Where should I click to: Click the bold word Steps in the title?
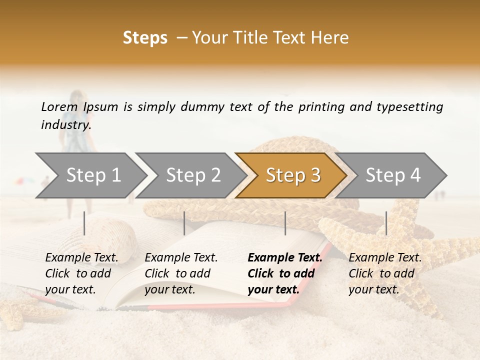145,37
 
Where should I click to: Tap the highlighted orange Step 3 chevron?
293,175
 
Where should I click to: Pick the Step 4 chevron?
393,175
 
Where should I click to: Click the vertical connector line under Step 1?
84,223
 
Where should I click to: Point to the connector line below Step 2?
184,223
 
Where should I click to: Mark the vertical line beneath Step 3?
285,223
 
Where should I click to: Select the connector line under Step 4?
386,223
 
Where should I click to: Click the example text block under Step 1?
81,273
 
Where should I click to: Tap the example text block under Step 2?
181,273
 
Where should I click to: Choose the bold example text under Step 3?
284,273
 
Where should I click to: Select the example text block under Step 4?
385,273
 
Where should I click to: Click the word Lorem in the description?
59,106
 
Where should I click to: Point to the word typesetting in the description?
409,107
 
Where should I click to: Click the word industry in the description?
66,124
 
